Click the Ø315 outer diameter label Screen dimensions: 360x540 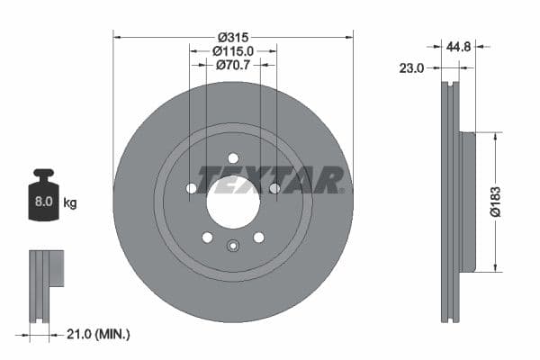click(x=233, y=36)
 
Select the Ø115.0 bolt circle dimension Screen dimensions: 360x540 click(x=233, y=51)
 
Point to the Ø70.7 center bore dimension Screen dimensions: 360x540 click(x=233, y=66)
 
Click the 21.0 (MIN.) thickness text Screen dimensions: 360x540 click(x=99, y=334)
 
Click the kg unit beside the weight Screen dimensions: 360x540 click(x=70, y=202)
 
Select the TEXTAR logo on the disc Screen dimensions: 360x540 click(x=270, y=179)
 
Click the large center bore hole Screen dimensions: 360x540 click(x=233, y=202)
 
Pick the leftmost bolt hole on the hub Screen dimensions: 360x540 click(x=191, y=188)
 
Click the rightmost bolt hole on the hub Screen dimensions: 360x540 click(x=275, y=188)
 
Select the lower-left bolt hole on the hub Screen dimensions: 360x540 click(x=207, y=238)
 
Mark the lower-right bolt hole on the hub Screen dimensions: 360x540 click(x=259, y=238)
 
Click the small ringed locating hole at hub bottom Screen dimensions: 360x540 click(x=233, y=249)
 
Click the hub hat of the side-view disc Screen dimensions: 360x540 click(x=466, y=202)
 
